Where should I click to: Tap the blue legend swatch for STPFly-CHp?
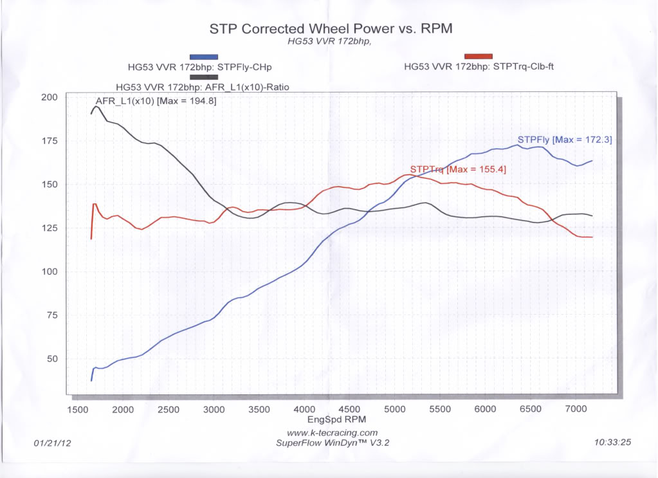point(204,57)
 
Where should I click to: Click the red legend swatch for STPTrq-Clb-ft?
point(478,56)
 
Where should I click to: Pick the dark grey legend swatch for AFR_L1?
point(204,77)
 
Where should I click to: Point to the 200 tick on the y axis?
point(50,97)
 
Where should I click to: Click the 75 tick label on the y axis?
point(52,315)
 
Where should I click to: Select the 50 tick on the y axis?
point(52,358)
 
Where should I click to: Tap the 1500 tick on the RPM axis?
point(78,410)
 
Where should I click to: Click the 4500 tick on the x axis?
point(349,410)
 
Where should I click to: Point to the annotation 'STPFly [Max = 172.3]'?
point(564,140)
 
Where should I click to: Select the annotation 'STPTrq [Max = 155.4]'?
point(457,170)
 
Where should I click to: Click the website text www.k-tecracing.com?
point(333,433)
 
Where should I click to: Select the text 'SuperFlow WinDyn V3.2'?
point(333,443)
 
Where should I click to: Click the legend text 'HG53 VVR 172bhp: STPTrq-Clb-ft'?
point(479,66)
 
